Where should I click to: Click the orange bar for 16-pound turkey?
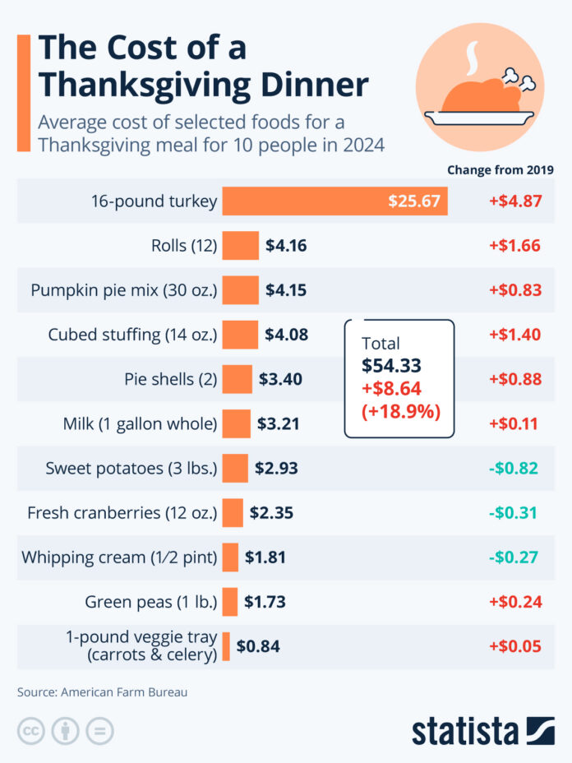[334, 201]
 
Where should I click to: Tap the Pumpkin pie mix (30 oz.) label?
[123, 290]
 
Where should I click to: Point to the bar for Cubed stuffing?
[240, 335]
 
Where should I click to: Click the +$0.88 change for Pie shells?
[514, 379]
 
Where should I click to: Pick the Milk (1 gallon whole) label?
[140, 424]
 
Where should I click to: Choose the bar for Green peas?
[230, 602]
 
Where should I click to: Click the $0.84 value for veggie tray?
[258, 646]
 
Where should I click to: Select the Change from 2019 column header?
[500, 170]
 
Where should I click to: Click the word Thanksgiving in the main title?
[204, 85]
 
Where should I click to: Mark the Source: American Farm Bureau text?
[103, 692]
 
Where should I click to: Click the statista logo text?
[465, 730]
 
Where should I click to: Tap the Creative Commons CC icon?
[30, 730]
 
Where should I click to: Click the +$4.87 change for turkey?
[514, 201]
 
